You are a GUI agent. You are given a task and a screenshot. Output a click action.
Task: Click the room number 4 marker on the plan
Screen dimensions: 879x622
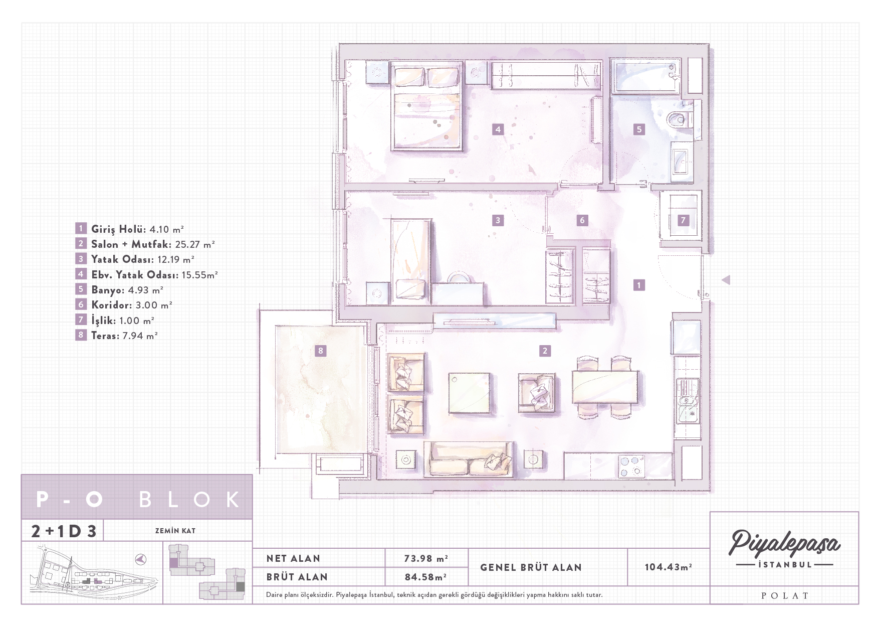click(498, 129)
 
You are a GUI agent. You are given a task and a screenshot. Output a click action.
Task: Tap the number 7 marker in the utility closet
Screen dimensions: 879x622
click(683, 220)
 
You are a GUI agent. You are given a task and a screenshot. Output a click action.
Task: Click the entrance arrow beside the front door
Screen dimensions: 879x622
click(726, 280)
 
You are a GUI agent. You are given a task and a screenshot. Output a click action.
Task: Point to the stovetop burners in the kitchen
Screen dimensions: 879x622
click(631, 465)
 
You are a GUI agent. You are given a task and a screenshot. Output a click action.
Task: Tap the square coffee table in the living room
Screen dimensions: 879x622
click(469, 393)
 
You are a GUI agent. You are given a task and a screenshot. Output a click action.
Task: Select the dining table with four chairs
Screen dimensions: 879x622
click(605, 387)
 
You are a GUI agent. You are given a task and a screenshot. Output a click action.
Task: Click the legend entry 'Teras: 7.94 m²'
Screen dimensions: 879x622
click(117, 335)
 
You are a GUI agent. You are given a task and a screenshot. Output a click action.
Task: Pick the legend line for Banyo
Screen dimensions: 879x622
click(119, 289)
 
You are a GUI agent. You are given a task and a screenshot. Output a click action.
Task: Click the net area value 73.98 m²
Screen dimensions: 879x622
click(426, 558)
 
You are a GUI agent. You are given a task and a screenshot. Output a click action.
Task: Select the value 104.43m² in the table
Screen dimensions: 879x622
click(668, 567)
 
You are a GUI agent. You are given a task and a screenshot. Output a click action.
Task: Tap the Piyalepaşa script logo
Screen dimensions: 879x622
click(784, 543)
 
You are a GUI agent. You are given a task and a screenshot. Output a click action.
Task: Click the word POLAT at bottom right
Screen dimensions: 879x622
click(785, 595)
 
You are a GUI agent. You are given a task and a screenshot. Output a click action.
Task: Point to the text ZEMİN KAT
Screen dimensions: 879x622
click(175, 530)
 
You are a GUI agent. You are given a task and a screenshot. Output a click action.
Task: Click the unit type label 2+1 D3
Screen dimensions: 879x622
click(64, 531)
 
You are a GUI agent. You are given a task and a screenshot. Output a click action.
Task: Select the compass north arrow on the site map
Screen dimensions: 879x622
click(141, 559)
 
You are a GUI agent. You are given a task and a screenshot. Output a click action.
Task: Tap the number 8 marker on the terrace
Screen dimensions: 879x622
click(321, 351)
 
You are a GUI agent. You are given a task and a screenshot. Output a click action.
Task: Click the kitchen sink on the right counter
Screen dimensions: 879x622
click(687, 401)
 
